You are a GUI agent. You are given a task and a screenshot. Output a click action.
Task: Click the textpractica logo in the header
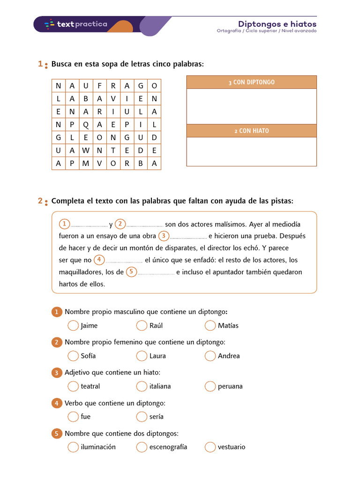tap(75, 24)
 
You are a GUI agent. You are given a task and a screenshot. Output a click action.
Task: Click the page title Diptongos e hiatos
tap(277, 24)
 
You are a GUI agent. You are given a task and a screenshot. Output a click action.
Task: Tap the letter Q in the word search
tap(86, 125)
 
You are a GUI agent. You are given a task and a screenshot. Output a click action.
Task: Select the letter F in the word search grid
tap(99, 86)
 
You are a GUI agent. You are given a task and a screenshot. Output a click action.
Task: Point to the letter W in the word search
tap(86, 150)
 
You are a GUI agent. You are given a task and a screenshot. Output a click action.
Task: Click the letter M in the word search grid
tap(86, 164)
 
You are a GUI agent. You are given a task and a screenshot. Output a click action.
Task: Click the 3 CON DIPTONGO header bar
tap(252, 82)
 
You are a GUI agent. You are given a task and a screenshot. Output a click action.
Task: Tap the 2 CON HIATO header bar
tap(252, 131)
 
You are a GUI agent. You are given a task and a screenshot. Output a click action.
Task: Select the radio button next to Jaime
tap(73, 325)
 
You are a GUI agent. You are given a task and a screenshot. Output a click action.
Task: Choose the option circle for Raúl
tap(142, 325)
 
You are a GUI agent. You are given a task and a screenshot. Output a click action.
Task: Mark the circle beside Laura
tap(142, 356)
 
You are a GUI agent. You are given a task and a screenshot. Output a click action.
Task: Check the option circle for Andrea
tap(210, 356)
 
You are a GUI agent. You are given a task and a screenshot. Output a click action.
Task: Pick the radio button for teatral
tap(73, 386)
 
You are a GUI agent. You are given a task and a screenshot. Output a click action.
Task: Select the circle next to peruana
tap(210, 386)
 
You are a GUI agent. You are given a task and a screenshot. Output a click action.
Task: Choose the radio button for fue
tap(73, 416)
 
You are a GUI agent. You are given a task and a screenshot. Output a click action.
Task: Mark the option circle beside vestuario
tap(210, 447)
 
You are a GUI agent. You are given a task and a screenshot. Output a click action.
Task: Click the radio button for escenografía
tap(142, 447)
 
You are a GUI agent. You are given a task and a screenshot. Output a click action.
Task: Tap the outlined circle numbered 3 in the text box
tap(163, 236)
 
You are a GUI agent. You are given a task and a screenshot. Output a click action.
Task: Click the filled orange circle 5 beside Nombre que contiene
tap(56, 434)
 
